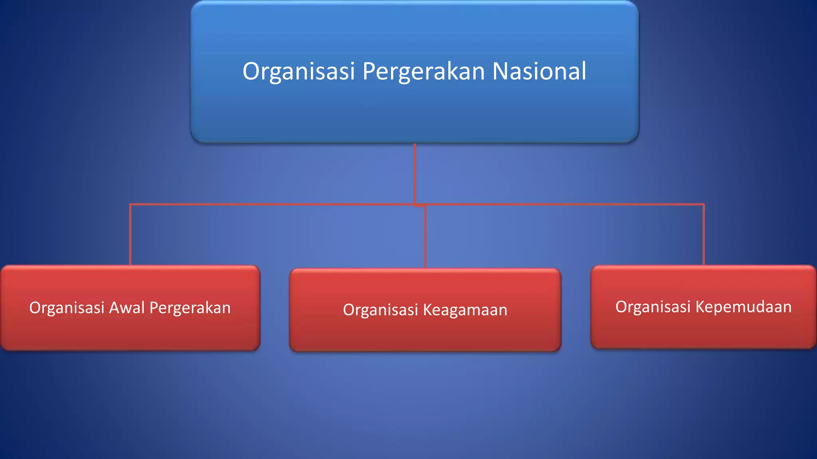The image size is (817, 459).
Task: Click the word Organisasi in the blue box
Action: pos(298,71)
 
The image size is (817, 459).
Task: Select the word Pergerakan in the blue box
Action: pos(423,71)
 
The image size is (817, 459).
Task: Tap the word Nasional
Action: pos(539,71)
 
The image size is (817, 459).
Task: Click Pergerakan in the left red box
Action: pos(190,308)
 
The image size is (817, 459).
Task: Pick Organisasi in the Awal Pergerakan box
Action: pos(67,308)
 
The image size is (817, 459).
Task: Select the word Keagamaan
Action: pos(465,310)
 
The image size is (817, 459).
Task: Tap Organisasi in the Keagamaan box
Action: pos(380,310)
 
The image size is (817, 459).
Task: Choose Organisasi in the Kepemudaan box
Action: pos(653,307)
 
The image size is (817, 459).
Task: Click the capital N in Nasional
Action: pos(500,71)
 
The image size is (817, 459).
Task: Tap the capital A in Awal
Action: pos(115,308)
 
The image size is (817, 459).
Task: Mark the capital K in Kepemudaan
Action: pos(700,307)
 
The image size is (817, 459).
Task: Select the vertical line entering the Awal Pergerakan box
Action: pos(130,235)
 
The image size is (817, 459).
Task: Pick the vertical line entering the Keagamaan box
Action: pos(426,237)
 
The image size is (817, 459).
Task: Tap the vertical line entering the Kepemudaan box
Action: pos(703,235)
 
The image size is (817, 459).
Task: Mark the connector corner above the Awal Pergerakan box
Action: pos(130,205)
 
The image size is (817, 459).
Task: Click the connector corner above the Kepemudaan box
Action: pos(703,205)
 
